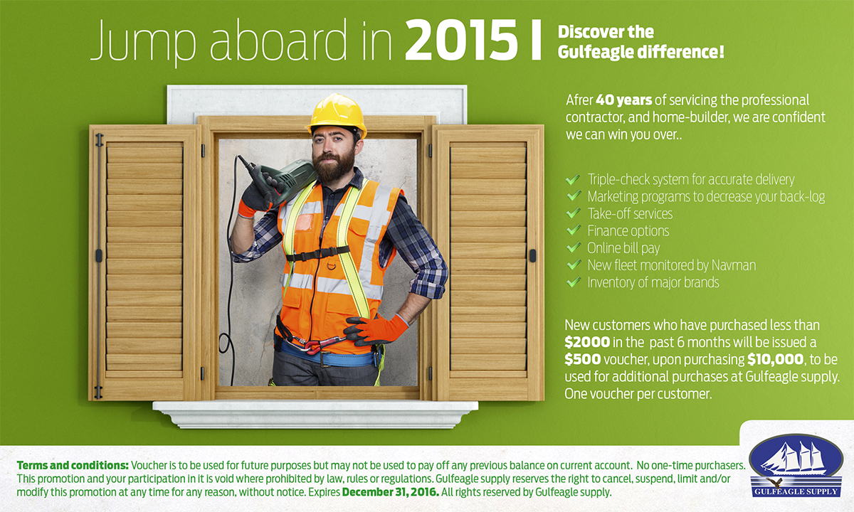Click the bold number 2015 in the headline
[461, 40]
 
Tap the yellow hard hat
[337, 114]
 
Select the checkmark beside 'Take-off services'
[574, 213]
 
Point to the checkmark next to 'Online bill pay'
[574, 247]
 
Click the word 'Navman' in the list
[737, 265]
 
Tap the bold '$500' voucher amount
[583, 359]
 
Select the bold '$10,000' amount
[776, 359]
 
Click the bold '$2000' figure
[587, 342]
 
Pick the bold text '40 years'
[623, 100]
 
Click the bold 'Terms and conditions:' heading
[73, 466]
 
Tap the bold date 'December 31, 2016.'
[391, 492]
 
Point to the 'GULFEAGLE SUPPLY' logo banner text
[796, 491]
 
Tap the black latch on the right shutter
[532, 255]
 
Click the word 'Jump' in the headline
[142, 42]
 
